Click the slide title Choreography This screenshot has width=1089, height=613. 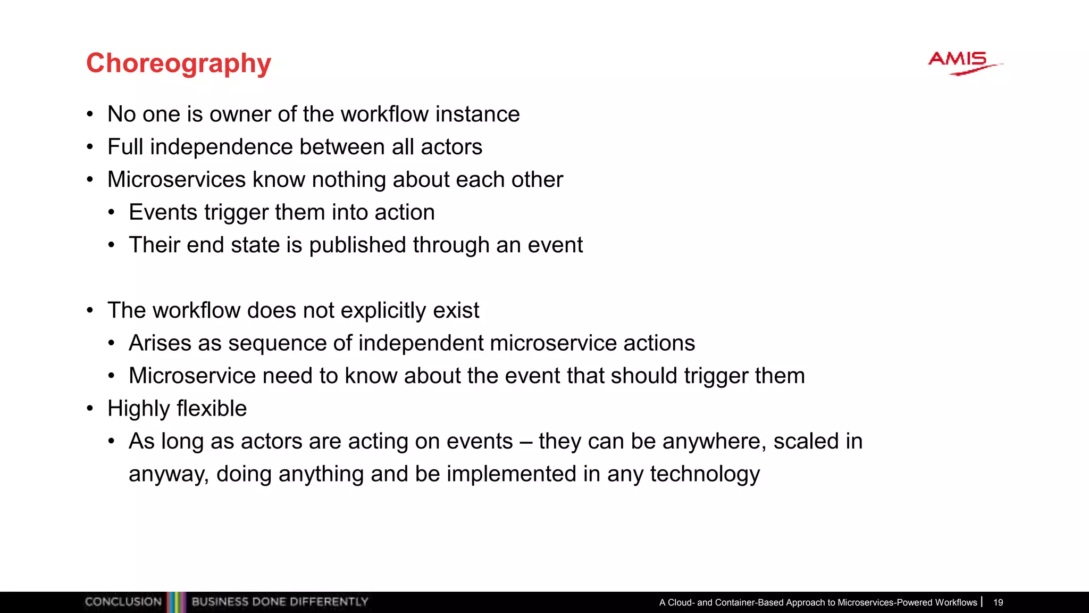tap(179, 63)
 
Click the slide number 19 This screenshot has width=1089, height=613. tap(998, 602)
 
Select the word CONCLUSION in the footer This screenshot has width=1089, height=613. tap(123, 602)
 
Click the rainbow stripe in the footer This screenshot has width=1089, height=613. tap(177, 602)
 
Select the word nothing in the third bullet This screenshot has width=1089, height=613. tap(349, 180)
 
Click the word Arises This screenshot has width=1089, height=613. tap(160, 343)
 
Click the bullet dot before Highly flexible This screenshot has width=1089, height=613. tap(90, 409)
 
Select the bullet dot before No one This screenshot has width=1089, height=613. tap(90, 114)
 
